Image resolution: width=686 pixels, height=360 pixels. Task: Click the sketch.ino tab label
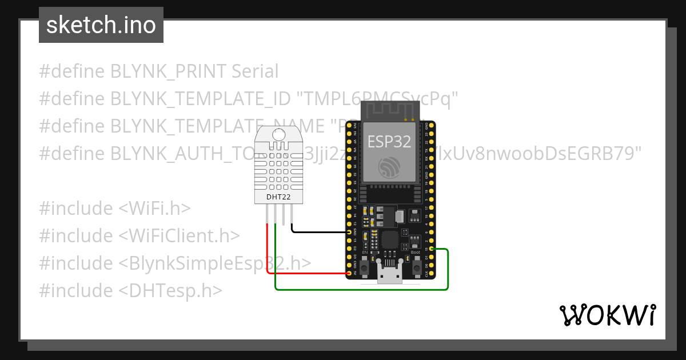(101, 25)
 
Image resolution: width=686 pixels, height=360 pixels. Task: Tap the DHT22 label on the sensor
(278, 197)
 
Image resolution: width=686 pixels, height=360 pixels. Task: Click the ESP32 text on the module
(389, 142)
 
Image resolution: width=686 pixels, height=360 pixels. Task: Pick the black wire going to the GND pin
(320, 232)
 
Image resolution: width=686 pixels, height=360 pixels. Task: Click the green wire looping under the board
(360, 289)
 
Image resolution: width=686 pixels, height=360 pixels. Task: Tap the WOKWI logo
(607, 315)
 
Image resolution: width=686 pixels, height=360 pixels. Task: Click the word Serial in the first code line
(255, 71)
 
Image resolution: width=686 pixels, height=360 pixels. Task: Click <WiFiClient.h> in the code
(179, 236)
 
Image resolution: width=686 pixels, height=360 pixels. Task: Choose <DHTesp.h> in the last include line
(170, 291)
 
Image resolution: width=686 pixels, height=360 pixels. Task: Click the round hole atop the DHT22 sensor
(279, 135)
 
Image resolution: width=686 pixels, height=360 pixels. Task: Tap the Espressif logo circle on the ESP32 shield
(389, 167)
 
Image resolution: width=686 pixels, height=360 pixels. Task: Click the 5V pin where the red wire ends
(349, 273)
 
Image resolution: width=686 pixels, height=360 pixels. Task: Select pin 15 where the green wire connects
(432, 249)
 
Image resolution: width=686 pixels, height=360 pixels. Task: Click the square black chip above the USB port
(391, 239)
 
